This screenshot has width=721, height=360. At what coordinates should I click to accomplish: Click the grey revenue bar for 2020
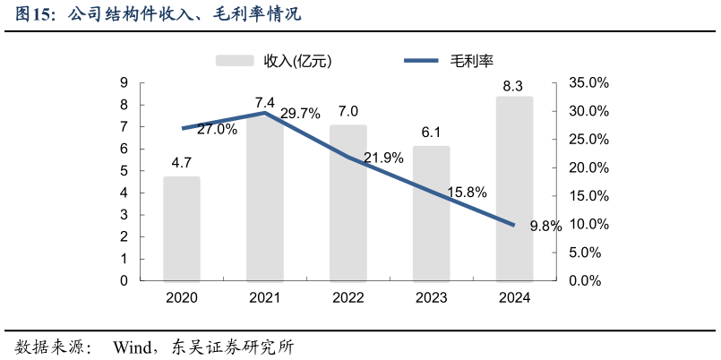[182, 228]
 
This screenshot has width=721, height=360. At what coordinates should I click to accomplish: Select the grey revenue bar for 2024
[514, 189]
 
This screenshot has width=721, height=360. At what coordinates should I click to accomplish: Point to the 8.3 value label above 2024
[513, 87]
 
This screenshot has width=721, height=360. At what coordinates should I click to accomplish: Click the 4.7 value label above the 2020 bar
[182, 163]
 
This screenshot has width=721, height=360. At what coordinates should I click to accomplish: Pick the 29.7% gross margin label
[300, 114]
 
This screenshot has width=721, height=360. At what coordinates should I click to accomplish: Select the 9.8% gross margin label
[545, 227]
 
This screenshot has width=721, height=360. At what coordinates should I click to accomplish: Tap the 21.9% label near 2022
[383, 158]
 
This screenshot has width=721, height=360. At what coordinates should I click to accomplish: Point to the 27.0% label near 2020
[217, 129]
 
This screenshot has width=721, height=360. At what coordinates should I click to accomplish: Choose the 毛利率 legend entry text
[471, 61]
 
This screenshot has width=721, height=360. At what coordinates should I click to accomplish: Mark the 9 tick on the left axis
[124, 83]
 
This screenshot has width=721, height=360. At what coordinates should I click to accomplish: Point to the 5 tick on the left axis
[124, 171]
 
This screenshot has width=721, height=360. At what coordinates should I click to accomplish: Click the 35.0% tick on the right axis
[588, 83]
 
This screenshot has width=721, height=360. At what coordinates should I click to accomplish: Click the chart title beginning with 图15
[158, 14]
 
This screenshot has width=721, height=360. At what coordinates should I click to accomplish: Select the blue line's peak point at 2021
[265, 113]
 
